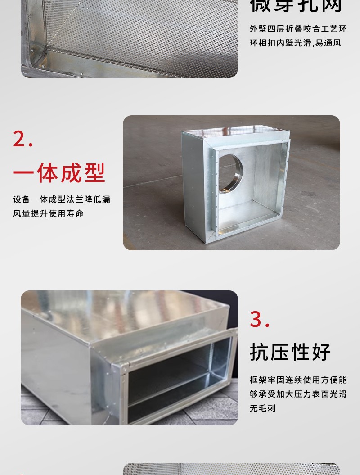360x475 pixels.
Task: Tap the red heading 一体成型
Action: coord(59,173)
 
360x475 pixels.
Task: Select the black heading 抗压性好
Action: coord(290,352)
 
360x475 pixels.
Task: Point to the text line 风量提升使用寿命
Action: coord(48,213)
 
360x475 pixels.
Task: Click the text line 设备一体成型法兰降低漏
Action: coord(62,199)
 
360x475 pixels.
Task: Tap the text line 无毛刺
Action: coord(262,408)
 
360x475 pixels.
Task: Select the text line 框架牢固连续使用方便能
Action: coord(298,380)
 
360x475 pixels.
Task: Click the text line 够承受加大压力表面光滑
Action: coord(298,394)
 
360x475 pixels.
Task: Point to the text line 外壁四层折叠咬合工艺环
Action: coord(298,29)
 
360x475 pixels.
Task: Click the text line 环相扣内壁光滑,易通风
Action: coord(295,43)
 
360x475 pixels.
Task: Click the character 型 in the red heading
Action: coord(94,173)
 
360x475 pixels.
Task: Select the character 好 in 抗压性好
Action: coord(322,352)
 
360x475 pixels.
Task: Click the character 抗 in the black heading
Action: coord(259,352)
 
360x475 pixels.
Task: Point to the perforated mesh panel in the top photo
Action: coord(148,27)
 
